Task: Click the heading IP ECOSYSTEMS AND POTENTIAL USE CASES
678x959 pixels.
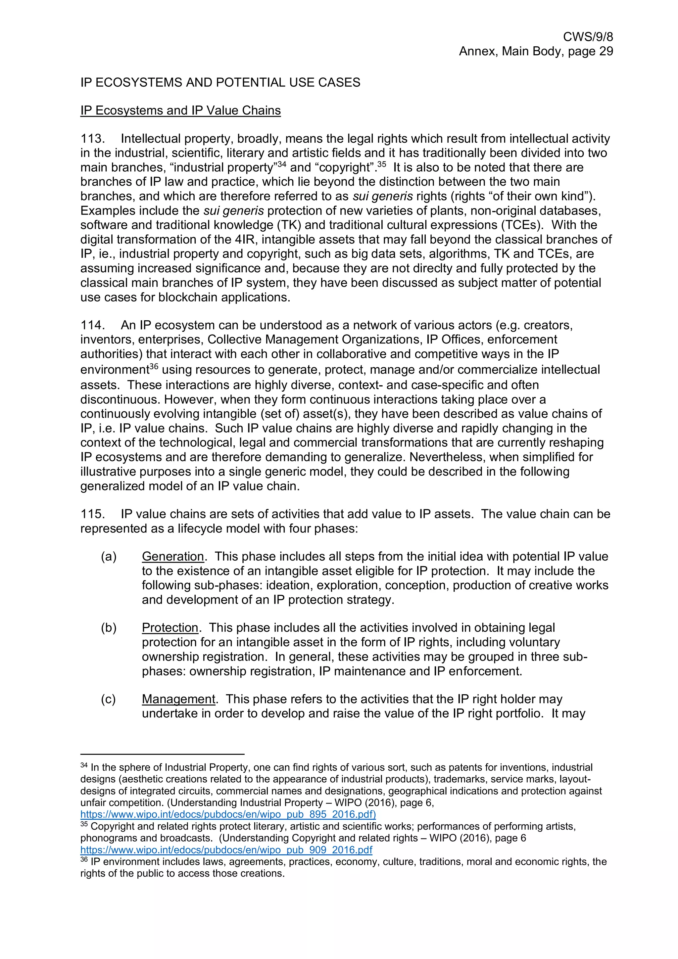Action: click(220, 82)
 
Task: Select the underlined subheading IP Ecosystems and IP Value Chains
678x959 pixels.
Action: click(180, 111)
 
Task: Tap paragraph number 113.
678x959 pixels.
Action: click(92, 139)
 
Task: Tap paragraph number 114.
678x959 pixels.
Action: click(92, 325)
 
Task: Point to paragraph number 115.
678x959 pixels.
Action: click(92, 514)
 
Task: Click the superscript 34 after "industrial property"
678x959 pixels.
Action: click(281, 164)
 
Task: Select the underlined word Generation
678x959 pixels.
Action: click(172, 557)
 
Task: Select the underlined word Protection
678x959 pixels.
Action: click(169, 628)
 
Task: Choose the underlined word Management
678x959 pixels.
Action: click(178, 699)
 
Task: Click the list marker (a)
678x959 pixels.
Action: click(109, 557)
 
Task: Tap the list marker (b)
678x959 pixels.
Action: click(109, 628)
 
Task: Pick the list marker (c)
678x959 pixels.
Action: click(109, 699)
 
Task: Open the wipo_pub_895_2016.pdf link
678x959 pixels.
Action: click(228, 814)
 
